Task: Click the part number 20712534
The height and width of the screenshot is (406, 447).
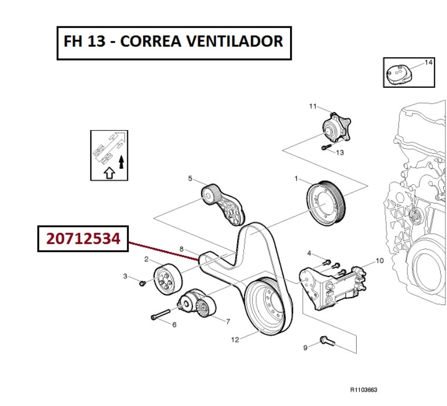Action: pyautogui.click(x=83, y=239)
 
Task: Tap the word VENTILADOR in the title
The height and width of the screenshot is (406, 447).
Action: pyautogui.click(x=235, y=41)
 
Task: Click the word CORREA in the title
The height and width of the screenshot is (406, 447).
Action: pyautogui.click(x=151, y=41)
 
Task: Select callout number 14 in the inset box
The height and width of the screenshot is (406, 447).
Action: pyautogui.click(x=429, y=62)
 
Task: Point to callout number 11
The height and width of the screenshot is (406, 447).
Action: pyautogui.click(x=313, y=106)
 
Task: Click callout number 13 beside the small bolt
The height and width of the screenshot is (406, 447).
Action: pyautogui.click(x=340, y=153)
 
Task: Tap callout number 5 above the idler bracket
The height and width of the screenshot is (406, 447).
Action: pyautogui.click(x=190, y=179)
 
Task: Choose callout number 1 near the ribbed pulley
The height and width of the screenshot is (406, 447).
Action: pyautogui.click(x=296, y=179)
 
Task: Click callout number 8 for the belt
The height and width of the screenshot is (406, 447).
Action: pyautogui.click(x=182, y=249)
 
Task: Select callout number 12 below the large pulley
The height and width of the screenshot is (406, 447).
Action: pyautogui.click(x=235, y=339)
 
